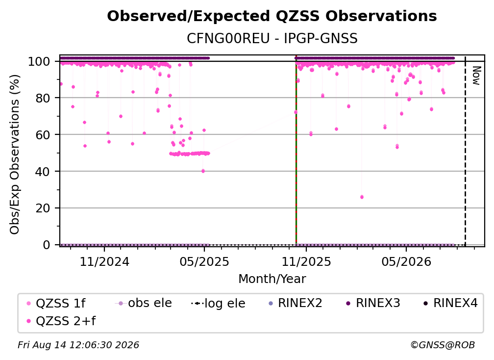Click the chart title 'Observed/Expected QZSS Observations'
tap(272, 16)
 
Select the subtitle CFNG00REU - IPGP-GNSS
tap(272, 38)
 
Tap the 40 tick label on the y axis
tap(43, 172)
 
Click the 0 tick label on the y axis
tap(46, 245)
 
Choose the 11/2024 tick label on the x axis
tap(104, 261)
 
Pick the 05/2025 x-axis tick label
tap(204, 261)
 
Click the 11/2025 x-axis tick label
tap(306, 261)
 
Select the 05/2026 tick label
tap(406, 261)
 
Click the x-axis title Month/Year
tap(272, 279)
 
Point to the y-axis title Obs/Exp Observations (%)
tap(15, 154)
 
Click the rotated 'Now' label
tap(476, 76)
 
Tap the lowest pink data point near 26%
tap(362, 197)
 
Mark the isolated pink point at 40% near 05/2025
tap(203, 171)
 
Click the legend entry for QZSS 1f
tap(56, 303)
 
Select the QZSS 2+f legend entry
tap(61, 321)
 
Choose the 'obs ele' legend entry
tap(143, 303)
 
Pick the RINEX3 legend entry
tap(373, 303)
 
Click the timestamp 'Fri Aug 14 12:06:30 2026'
tap(78, 345)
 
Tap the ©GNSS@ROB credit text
tap(443, 345)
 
